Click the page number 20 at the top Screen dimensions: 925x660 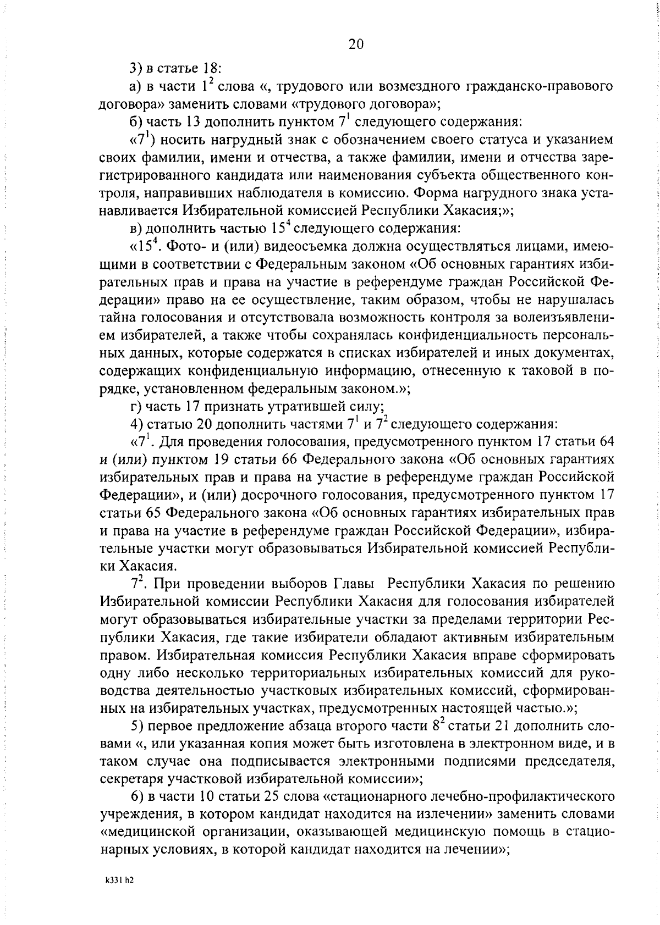point(356,45)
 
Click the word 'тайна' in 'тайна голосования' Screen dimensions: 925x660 point(119,318)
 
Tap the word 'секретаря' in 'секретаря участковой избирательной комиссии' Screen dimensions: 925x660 point(129,779)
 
